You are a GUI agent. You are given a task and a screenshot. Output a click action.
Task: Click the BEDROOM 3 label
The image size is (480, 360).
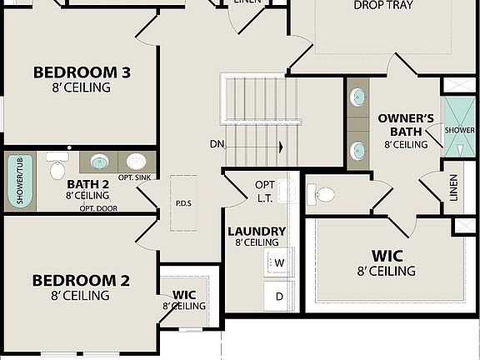tap(82, 72)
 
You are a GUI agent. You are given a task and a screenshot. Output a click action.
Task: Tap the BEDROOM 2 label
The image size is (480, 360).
tap(80, 280)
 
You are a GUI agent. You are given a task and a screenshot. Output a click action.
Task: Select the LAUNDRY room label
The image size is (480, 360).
tap(257, 231)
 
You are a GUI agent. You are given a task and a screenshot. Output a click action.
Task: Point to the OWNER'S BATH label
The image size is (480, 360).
tap(406, 124)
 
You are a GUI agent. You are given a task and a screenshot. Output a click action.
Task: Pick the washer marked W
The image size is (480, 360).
tap(279, 263)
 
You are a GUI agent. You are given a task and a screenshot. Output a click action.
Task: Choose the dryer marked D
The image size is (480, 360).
tap(279, 296)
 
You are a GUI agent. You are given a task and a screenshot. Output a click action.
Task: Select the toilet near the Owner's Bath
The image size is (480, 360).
tap(322, 195)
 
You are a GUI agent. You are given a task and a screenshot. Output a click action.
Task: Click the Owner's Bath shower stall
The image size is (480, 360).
tap(459, 127)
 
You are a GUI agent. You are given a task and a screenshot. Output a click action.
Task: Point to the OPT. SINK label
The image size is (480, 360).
tap(134, 177)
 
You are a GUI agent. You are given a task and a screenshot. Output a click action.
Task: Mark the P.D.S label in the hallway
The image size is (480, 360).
tap(183, 202)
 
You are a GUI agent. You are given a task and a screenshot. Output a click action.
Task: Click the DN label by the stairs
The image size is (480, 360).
tap(217, 144)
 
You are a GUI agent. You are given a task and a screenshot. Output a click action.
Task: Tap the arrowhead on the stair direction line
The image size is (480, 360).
tap(281, 147)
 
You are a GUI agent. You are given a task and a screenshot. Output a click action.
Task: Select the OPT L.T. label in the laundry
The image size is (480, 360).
tap(265, 191)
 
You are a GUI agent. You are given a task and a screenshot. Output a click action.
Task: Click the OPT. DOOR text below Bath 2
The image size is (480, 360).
tap(98, 208)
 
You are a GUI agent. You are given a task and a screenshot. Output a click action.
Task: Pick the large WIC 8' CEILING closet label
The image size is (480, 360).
tap(387, 262)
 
